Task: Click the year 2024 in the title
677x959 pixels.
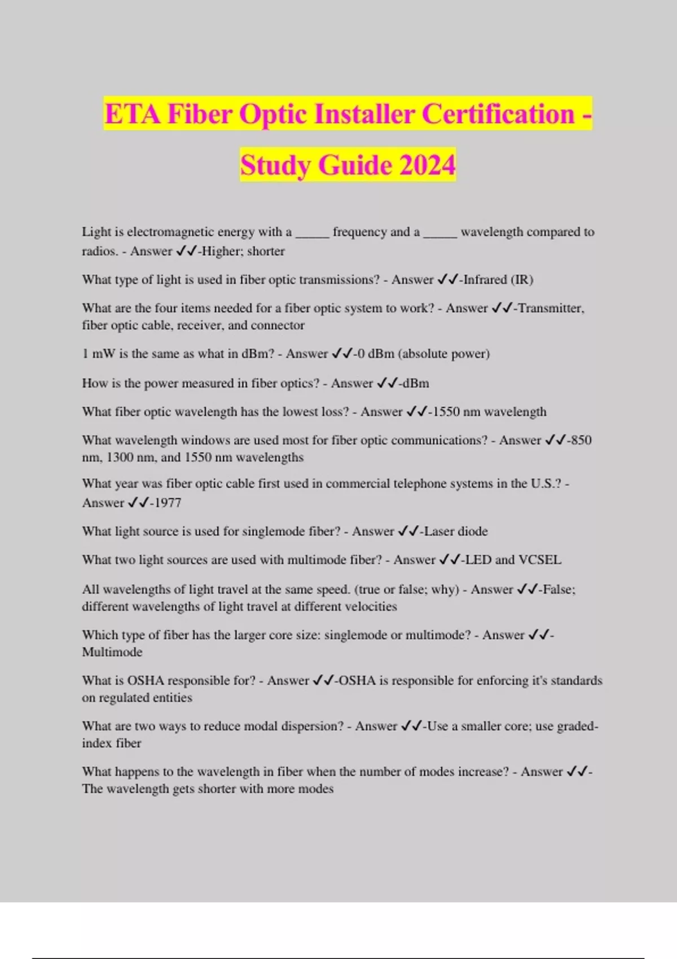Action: tap(427, 165)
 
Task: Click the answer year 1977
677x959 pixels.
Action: tap(168, 503)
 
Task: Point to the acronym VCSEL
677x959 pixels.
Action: tap(540, 560)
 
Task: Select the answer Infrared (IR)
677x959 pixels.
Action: tap(498, 280)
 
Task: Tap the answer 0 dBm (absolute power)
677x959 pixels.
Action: tap(424, 354)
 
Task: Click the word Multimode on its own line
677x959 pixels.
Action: tap(112, 652)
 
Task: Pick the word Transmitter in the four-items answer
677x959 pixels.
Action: tap(551, 308)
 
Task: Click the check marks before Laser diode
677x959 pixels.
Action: tap(408, 531)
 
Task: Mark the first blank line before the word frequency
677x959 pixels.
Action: tap(312, 232)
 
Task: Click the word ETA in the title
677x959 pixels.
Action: tap(132, 114)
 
